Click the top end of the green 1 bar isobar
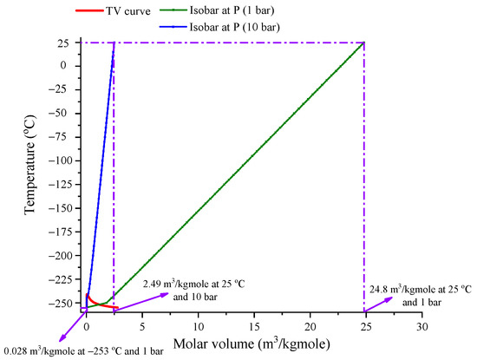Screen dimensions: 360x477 (x=363, y=42)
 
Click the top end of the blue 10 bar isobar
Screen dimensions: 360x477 (x=114, y=42)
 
